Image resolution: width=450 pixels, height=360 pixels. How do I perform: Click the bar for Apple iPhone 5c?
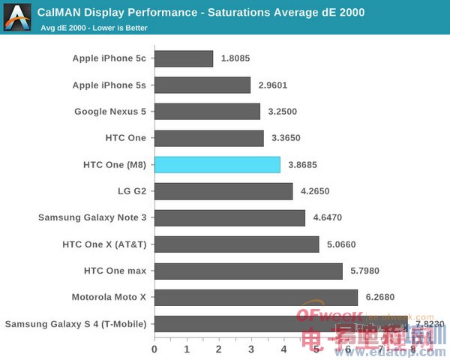click(x=184, y=58)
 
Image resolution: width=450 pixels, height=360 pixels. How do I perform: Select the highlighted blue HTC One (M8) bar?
click(x=217, y=164)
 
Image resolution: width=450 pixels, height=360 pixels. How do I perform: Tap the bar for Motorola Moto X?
click(x=256, y=297)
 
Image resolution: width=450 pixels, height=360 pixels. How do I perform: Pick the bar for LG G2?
click(x=223, y=191)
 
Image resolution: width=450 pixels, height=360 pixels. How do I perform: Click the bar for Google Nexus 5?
click(x=207, y=112)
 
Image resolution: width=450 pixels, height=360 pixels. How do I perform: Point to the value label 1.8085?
click(x=236, y=58)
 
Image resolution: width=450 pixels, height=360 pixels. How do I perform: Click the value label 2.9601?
click(x=273, y=85)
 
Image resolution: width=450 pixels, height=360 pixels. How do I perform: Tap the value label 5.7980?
click(x=365, y=271)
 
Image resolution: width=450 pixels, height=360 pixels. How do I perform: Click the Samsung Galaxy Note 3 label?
click(x=93, y=217)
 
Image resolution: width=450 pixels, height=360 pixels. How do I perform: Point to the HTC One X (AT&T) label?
click(x=105, y=244)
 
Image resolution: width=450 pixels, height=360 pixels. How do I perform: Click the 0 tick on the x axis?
click(x=154, y=349)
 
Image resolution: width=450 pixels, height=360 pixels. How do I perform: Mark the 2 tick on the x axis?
click(x=219, y=349)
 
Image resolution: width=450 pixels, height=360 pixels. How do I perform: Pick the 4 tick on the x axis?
click(x=284, y=349)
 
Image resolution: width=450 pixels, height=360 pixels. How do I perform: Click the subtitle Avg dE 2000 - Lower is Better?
click(x=94, y=28)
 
